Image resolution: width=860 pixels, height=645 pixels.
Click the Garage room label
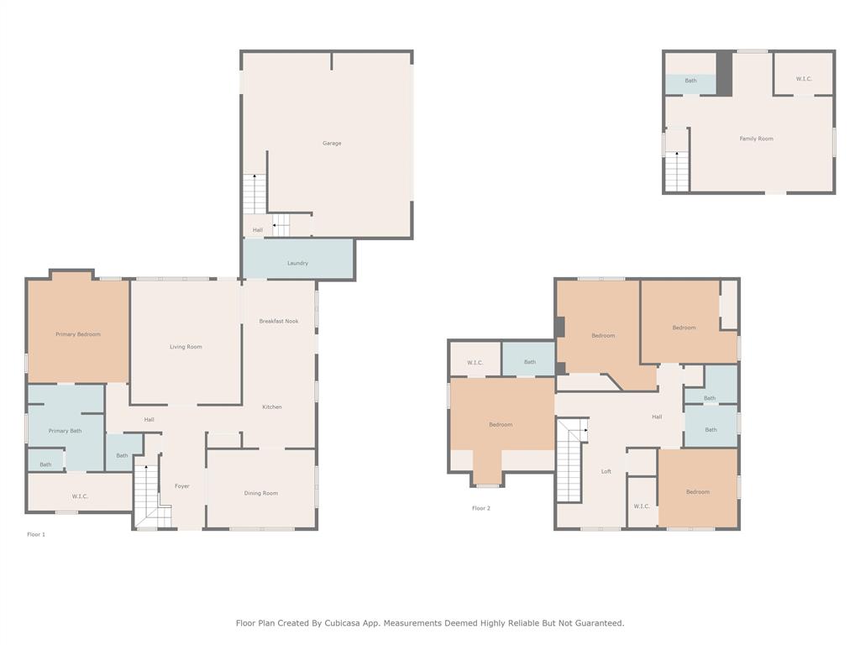(332, 144)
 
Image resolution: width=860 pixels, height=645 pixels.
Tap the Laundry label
(297, 263)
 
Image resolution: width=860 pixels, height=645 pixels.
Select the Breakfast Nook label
(278, 321)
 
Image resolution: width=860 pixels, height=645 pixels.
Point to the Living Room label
(186, 347)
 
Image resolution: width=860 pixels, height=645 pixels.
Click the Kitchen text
(271, 407)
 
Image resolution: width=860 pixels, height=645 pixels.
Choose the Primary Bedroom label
(78, 334)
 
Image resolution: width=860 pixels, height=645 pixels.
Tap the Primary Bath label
(65, 431)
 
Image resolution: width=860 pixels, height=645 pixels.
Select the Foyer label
(181, 486)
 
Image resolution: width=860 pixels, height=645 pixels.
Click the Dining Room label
(260, 493)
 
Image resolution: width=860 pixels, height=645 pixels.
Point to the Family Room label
(756, 139)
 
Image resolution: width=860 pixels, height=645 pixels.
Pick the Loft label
(606, 472)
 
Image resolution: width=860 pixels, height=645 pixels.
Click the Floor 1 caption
(36, 534)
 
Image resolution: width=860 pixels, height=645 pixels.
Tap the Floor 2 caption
(480, 508)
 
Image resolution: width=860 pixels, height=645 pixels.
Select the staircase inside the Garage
(254, 194)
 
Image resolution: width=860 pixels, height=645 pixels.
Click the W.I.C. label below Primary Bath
(80, 496)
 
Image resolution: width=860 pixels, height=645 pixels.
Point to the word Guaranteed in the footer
(595, 623)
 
